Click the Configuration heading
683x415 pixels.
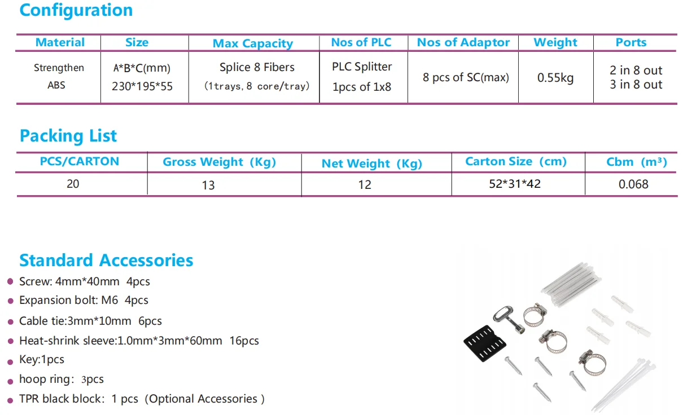(x=76, y=10)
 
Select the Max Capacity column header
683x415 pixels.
(x=253, y=43)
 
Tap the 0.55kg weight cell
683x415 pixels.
(x=555, y=78)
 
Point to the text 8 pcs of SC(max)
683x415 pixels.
(x=466, y=77)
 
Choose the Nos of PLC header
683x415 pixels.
(x=361, y=42)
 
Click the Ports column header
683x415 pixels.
(x=631, y=42)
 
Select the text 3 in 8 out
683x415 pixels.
(x=636, y=85)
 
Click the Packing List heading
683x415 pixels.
(x=68, y=136)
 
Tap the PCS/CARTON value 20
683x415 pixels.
(x=73, y=184)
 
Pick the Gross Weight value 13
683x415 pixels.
(x=208, y=185)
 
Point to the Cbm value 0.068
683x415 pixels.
(x=633, y=184)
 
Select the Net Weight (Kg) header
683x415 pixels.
(x=372, y=164)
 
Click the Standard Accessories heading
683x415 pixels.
(x=106, y=261)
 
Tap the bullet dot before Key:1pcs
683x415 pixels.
(x=10, y=360)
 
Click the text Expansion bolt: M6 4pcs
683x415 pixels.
(x=84, y=301)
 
